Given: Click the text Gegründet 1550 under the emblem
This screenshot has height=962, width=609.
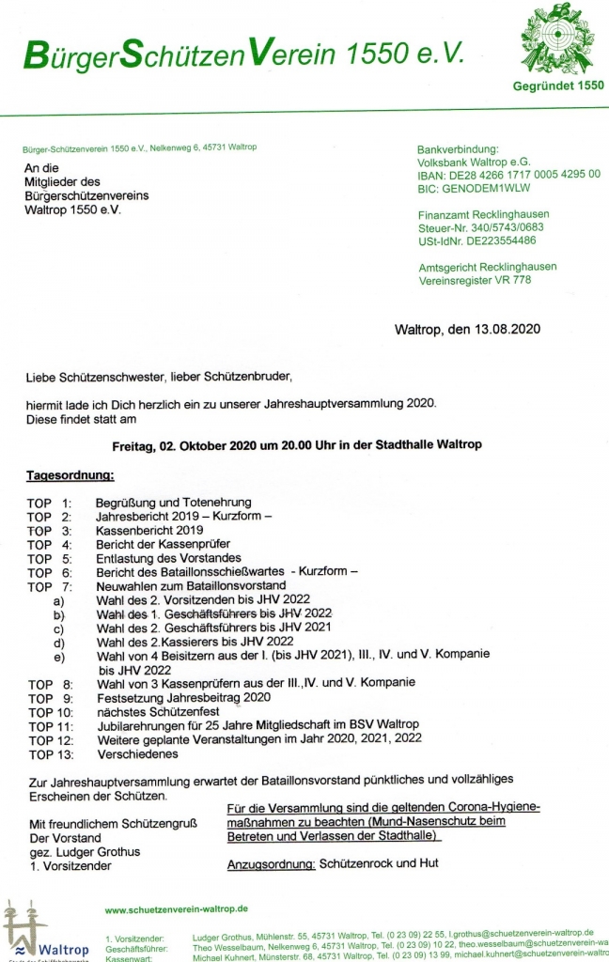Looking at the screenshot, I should [x=558, y=86].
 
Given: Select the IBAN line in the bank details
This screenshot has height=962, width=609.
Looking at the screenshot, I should [x=508, y=174].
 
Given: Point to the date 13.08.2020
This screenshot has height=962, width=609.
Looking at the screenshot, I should [x=505, y=330].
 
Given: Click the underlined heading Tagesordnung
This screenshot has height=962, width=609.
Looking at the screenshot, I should [x=70, y=476].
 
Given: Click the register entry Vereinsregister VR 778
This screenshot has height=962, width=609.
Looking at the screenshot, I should [x=475, y=280].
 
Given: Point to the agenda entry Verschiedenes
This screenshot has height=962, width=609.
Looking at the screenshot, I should [x=136, y=753].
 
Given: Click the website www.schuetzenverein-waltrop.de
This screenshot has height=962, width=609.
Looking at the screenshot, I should [x=176, y=909].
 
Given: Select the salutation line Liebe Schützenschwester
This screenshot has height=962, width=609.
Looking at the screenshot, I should [x=159, y=378].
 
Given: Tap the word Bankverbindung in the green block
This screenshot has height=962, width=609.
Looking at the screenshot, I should [x=458, y=148].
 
